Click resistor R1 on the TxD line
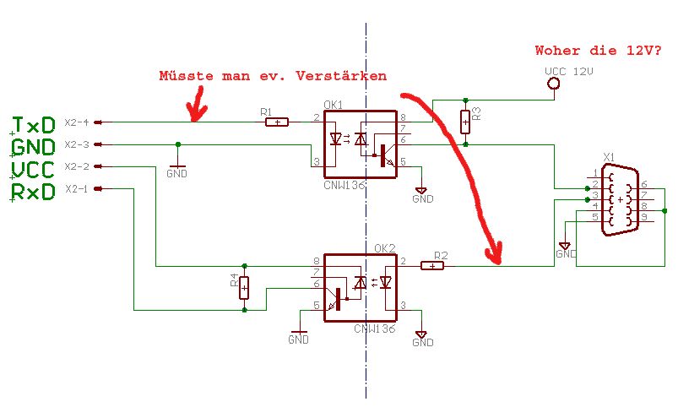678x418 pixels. point(276,122)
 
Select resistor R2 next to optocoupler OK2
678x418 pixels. point(432,266)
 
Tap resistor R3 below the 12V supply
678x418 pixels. point(465,122)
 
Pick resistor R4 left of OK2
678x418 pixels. point(244,288)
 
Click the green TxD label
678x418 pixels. point(35,126)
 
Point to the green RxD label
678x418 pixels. point(34,192)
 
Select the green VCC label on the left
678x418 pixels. point(34,170)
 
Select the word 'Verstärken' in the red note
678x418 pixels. point(341,76)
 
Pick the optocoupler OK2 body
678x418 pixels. point(361,288)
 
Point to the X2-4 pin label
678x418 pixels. point(76,122)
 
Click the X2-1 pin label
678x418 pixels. point(76,188)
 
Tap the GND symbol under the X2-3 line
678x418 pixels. point(176,169)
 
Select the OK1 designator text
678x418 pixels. point(334,106)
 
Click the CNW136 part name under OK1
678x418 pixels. point(344,184)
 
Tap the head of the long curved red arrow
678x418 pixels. point(494,254)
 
